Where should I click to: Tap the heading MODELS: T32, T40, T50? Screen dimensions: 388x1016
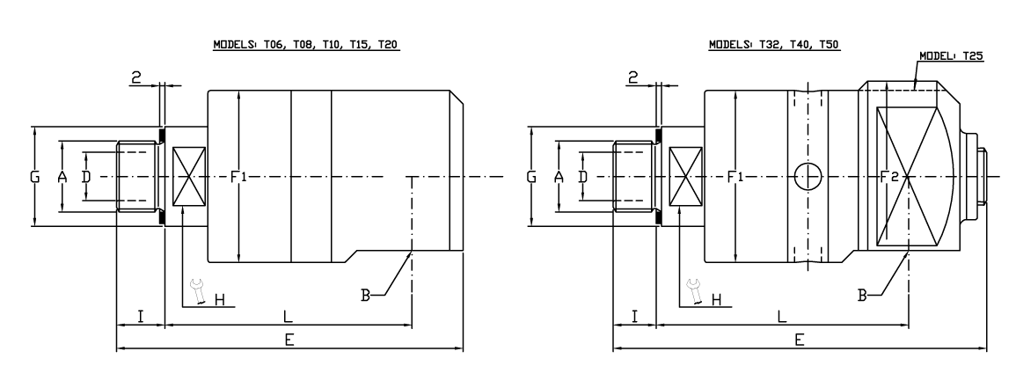pyautogui.click(x=773, y=44)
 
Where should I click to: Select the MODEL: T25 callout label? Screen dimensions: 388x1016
pyautogui.click(x=951, y=55)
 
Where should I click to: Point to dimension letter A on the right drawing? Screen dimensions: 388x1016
pyautogui.click(x=558, y=177)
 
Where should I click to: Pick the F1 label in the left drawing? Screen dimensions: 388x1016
pyautogui.click(x=238, y=178)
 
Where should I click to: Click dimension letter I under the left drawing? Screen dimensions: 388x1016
pyautogui.click(x=141, y=316)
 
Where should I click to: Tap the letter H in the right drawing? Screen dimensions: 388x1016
pyautogui.click(x=715, y=299)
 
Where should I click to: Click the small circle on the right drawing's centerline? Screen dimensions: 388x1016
pyautogui.click(x=807, y=177)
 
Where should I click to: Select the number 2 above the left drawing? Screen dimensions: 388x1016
pyautogui.click(x=136, y=77)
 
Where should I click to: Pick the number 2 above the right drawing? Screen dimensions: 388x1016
pyautogui.click(x=632, y=77)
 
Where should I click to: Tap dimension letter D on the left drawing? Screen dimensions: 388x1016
pyautogui.click(x=85, y=177)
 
